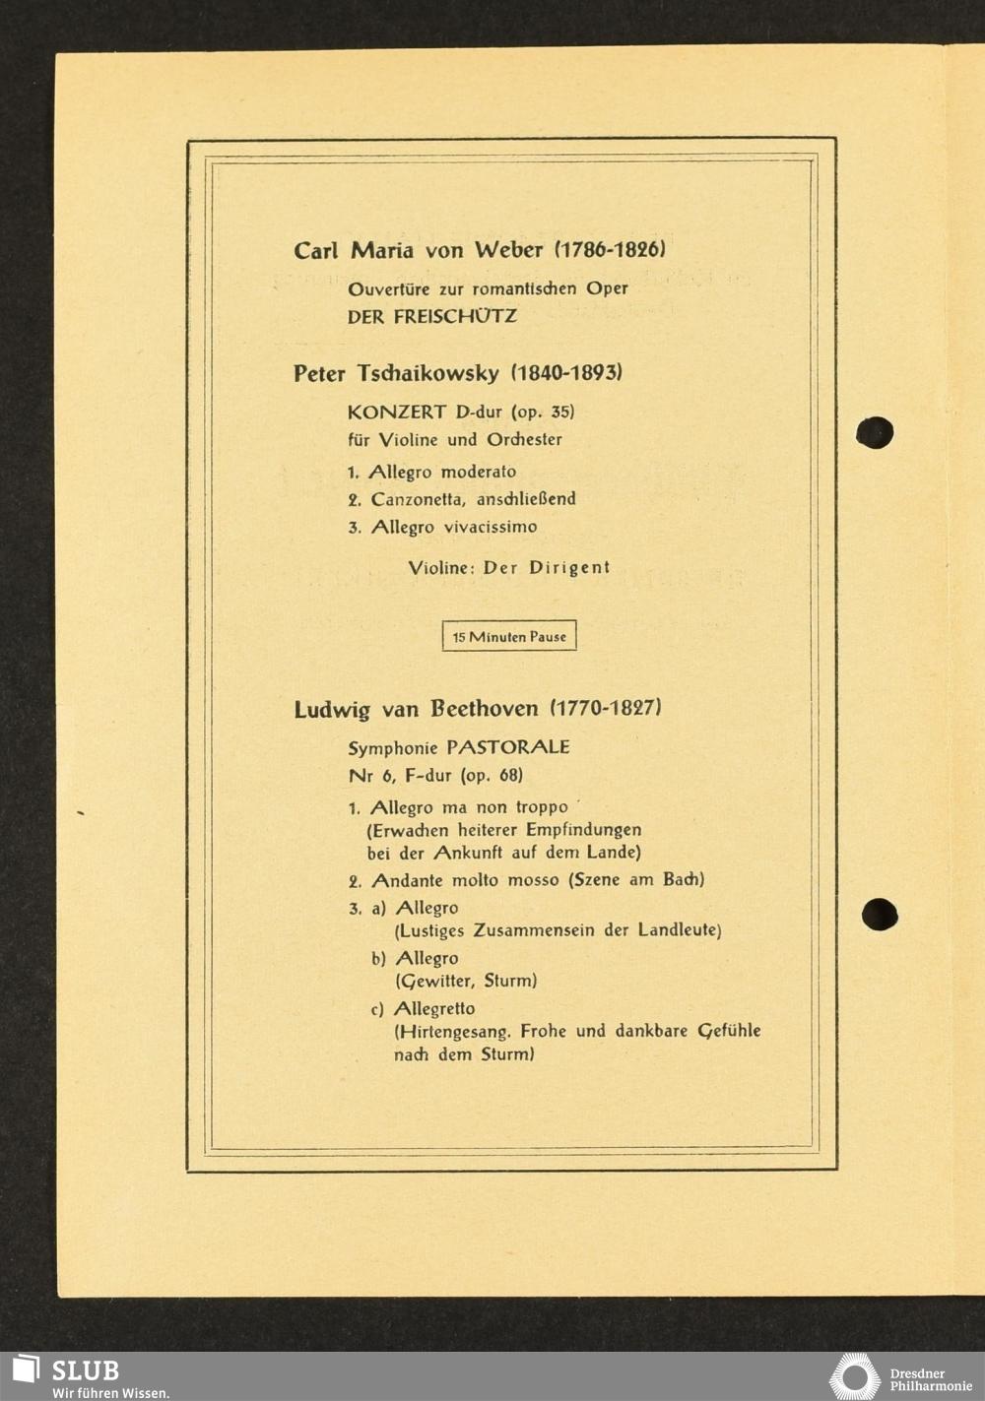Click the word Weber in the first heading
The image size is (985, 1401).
point(508,250)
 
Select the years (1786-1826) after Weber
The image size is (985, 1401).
point(610,249)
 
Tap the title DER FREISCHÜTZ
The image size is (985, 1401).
point(431,317)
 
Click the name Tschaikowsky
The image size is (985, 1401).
point(427,374)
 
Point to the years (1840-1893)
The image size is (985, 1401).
point(566,373)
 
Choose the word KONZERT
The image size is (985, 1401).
point(396,413)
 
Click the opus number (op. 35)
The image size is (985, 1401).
point(543,413)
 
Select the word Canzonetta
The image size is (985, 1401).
point(418,500)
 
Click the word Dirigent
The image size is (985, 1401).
point(570,568)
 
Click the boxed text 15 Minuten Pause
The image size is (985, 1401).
point(509,637)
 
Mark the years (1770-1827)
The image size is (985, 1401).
point(606,708)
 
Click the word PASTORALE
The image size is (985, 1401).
point(508,747)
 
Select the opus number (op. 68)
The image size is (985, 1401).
point(492,776)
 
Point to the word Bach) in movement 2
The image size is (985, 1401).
point(684,880)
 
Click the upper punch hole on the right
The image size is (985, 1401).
point(875,432)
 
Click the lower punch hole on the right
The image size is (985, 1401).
point(879,915)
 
